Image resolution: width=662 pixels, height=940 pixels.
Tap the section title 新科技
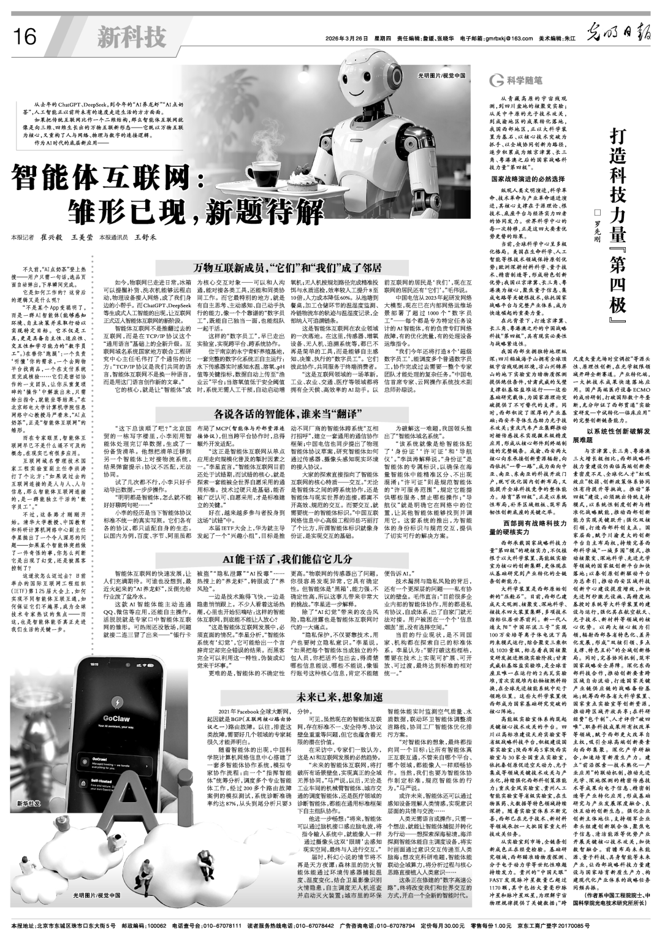(x=131, y=37)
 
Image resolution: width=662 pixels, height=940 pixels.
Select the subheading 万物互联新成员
(x=287, y=269)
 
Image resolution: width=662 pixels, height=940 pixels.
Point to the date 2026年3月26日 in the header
(x=348, y=39)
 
